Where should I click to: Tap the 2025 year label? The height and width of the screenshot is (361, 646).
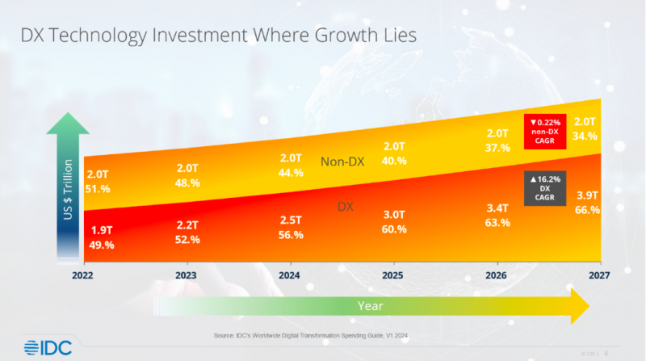click(393, 275)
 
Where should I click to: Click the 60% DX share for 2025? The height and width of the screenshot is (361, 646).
click(393, 229)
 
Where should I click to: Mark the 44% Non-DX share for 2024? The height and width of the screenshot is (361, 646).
click(290, 173)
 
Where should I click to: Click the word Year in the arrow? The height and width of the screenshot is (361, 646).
click(371, 306)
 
